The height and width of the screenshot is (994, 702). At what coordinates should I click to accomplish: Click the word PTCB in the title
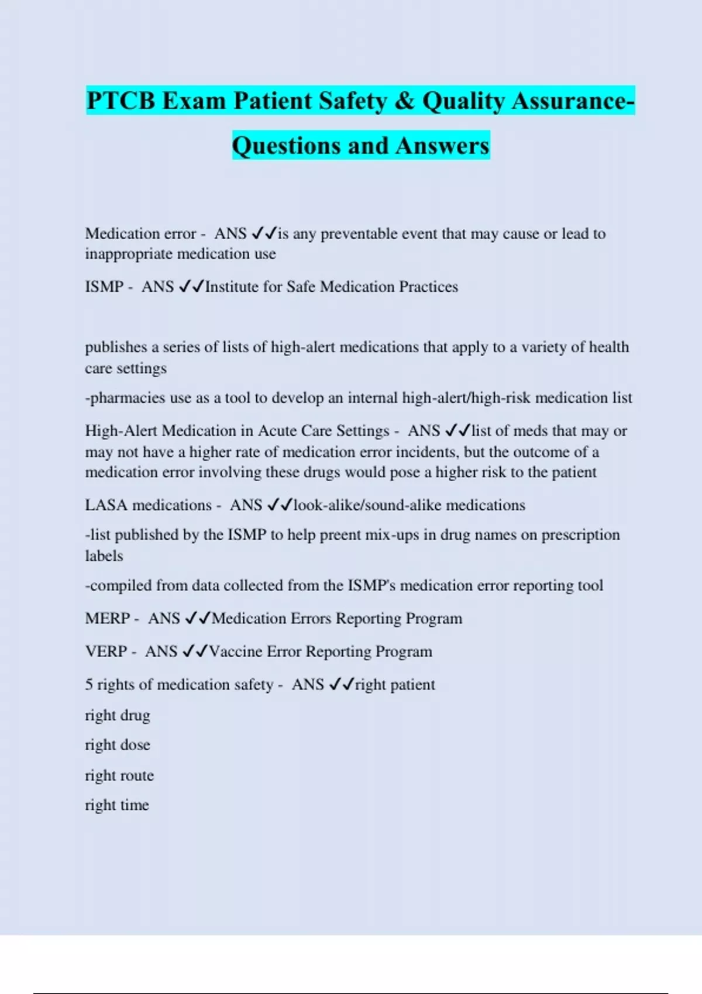tap(121, 101)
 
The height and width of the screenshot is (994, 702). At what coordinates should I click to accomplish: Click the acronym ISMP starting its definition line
tap(104, 287)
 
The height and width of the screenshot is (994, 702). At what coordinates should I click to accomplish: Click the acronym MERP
tap(107, 619)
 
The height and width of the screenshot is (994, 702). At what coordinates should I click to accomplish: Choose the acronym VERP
tap(106, 651)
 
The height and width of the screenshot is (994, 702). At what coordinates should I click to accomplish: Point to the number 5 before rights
tap(89, 685)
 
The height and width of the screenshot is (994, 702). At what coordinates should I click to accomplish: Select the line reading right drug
tap(118, 716)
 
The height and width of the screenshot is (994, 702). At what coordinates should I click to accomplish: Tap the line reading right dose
tap(118, 745)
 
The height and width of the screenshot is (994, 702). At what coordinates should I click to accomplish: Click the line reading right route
tap(119, 775)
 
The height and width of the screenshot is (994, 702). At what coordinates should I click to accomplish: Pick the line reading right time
tap(117, 805)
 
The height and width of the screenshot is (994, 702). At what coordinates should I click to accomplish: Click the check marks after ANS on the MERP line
tap(198, 619)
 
